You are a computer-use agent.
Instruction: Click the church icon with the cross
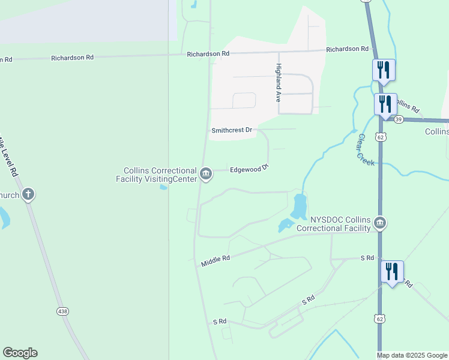coord(28,194)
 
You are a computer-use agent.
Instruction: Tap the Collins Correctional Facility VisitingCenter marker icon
coord(206,175)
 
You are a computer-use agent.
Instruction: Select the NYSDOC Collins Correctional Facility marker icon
coord(379,224)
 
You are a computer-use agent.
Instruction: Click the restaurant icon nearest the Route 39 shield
coord(385,104)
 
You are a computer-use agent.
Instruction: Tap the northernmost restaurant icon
coord(382,70)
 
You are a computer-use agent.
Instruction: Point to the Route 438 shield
coord(62,311)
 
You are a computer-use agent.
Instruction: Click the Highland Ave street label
coord(279,83)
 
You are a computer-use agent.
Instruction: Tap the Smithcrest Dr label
coord(232,130)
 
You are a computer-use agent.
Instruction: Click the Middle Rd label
coord(215,261)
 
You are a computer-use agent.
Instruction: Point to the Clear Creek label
coord(365,150)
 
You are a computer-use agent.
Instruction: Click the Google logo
coord(20,353)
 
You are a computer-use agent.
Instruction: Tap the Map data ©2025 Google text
coord(411,355)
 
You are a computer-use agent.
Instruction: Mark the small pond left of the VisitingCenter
coord(163,187)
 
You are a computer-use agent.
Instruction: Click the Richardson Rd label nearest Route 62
coord(347,49)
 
